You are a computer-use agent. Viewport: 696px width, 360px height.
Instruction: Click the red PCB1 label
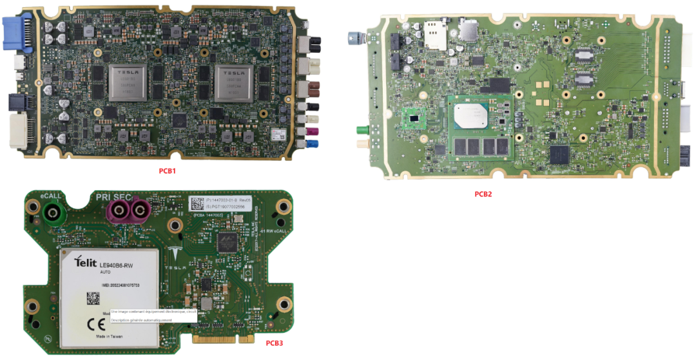point(168,171)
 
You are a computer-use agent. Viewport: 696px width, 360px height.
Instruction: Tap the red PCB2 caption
point(483,194)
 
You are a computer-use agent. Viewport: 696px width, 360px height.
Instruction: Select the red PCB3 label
point(274,343)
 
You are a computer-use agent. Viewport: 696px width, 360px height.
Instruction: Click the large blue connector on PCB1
point(14,34)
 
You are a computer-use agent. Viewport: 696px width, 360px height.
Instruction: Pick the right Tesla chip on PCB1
point(234,82)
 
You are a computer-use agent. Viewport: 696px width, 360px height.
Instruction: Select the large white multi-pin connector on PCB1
point(18,131)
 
